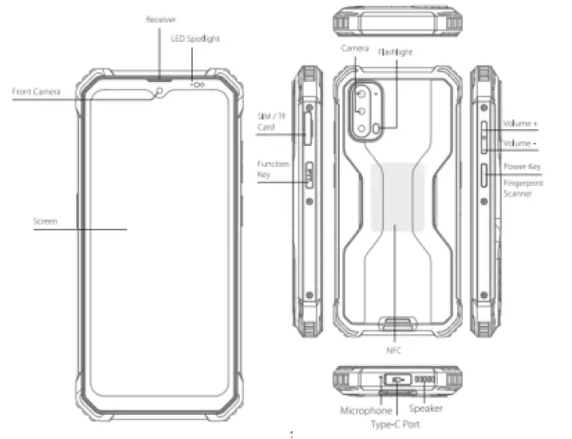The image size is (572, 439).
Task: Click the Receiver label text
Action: (161, 18)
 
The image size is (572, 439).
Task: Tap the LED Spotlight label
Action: (195, 39)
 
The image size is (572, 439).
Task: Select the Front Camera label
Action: (36, 90)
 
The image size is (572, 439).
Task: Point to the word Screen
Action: (44, 221)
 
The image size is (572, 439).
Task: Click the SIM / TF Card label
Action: (271, 122)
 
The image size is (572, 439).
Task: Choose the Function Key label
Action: (273, 168)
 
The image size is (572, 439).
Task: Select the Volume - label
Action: (520, 143)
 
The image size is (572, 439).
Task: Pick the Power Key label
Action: (521, 166)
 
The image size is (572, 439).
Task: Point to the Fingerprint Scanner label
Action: (523, 188)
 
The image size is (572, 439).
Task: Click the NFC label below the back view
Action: (393, 350)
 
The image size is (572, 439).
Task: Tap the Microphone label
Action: (366, 411)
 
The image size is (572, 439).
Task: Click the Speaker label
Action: (425, 409)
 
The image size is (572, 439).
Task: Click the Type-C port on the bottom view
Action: (397, 379)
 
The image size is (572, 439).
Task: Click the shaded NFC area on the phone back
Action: (397, 197)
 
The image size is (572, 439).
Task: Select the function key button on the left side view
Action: (308, 175)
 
